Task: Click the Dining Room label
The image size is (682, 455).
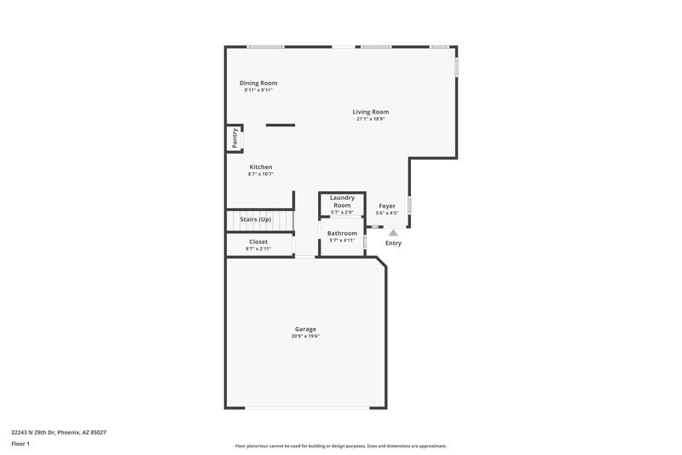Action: pos(258,83)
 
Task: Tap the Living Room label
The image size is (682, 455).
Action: pos(371,112)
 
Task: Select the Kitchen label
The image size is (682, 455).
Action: pos(261,166)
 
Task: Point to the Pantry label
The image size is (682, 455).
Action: pos(234,137)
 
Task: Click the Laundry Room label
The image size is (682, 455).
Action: pos(342,201)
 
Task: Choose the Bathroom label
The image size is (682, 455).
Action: pos(342,233)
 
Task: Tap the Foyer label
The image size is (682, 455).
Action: pos(387,206)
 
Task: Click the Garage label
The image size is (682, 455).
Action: pos(305,329)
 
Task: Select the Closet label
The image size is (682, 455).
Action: pos(258,242)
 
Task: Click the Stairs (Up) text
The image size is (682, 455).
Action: pos(256,219)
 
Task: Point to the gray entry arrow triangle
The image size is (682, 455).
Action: pos(393,231)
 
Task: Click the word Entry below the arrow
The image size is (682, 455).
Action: pos(393,243)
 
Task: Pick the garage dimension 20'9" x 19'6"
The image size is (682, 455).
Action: pos(305,336)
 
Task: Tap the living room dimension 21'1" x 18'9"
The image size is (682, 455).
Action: pos(371,120)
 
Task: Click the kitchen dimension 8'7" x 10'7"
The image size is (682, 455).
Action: pos(261,174)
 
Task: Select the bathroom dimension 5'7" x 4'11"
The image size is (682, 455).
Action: pos(342,241)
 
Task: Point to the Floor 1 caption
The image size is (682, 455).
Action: pos(20,444)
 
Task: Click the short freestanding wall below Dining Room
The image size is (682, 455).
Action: pos(280,125)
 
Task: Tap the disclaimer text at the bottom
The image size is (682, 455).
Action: pos(340,446)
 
